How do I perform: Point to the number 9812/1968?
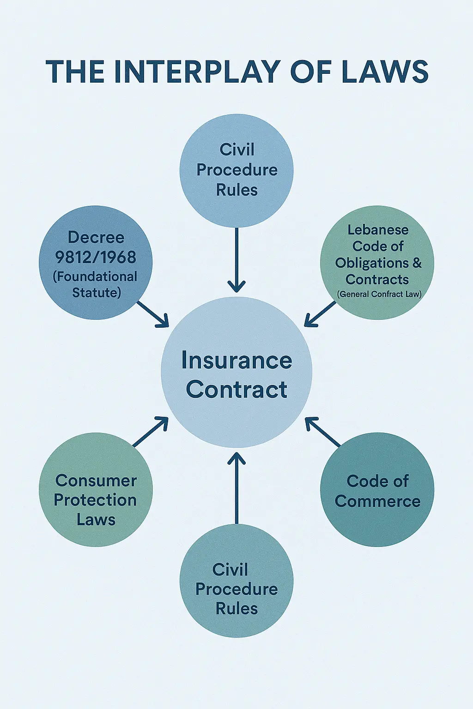point(96,257)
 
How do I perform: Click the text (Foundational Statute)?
point(96,284)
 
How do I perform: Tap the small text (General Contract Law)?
point(379,294)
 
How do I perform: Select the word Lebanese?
point(378,230)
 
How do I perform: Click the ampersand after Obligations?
point(417,263)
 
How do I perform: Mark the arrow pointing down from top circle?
point(236,261)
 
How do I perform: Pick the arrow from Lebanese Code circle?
point(320,314)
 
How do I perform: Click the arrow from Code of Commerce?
point(322,432)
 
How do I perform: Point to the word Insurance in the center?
point(236,361)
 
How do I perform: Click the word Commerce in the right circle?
point(377,501)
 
